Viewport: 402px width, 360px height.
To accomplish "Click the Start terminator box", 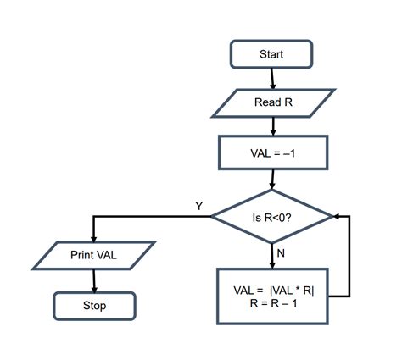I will point(271,54).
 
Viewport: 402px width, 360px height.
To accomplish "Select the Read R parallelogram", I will point(271,102).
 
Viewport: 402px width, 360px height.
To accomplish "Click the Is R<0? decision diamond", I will point(272,217).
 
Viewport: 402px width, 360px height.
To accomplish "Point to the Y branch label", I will point(198,206).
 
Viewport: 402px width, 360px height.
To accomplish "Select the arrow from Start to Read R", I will point(272,78).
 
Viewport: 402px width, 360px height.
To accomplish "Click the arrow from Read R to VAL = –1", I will point(272,126).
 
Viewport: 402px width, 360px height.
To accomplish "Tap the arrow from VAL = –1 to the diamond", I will point(272,179).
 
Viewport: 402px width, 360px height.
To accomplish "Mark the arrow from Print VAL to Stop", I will point(93,280).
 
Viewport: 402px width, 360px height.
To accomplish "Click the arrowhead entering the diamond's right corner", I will point(339,217).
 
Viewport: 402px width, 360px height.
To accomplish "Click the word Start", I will point(271,54).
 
